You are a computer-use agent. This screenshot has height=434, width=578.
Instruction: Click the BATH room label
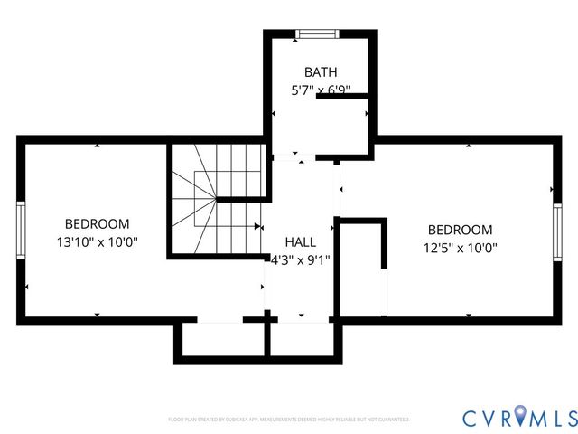point(321,71)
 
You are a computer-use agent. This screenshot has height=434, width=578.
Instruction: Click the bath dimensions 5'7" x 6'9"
point(321,90)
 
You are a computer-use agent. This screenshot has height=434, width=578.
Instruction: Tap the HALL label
point(301,242)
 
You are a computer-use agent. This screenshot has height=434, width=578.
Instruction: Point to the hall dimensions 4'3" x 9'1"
point(301,260)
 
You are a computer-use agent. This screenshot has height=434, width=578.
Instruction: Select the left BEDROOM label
point(97,223)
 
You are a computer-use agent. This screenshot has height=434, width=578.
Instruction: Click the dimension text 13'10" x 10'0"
point(97,242)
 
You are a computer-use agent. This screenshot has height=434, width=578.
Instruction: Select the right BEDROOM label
point(461,230)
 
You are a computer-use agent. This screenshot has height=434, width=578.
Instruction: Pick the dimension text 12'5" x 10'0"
point(461,248)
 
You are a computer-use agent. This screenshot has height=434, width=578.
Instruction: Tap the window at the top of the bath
point(317,34)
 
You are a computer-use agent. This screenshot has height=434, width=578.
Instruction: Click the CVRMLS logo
point(519,417)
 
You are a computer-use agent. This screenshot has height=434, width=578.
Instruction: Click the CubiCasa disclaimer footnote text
point(289,420)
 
